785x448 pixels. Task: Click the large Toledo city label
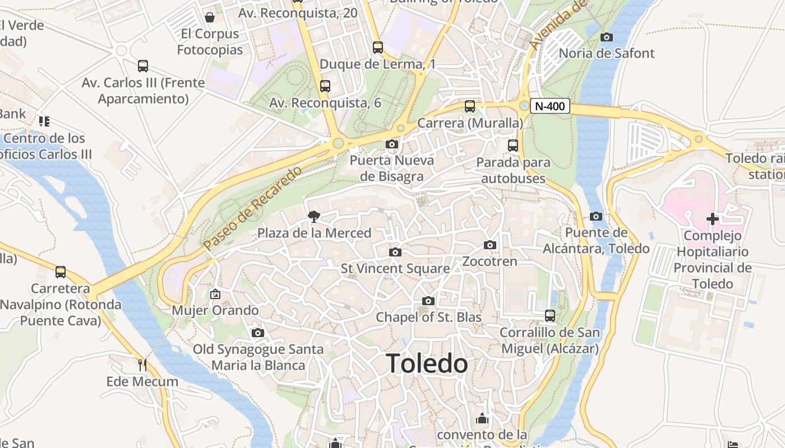[x=427, y=364]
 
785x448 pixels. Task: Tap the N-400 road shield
[x=549, y=106]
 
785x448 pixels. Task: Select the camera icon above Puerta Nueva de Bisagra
[x=392, y=144]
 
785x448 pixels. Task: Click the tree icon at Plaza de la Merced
[x=314, y=217]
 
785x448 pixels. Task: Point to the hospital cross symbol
[x=712, y=219]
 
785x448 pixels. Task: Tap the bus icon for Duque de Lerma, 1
[x=378, y=48]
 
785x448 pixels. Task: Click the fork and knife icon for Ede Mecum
[x=142, y=365]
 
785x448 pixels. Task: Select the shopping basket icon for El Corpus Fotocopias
[x=210, y=17]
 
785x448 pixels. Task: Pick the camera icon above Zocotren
[x=490, y=245]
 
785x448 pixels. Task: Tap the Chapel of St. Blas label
[x=428, y=317]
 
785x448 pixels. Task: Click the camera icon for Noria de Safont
[x=606, y=38]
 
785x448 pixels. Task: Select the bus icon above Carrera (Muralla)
[x=470, y=106]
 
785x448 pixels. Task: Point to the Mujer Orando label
[x=215, y=310]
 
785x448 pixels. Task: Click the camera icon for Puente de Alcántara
[x=596, y=217]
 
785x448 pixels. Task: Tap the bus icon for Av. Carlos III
[x=143, y=66]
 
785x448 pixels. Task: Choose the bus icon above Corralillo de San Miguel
[x=550, y=316]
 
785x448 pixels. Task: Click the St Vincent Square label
[x=395, y=269]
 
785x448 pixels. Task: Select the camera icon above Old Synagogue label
[x=258, y=333]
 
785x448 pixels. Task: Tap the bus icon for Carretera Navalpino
[x=61, y=272]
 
